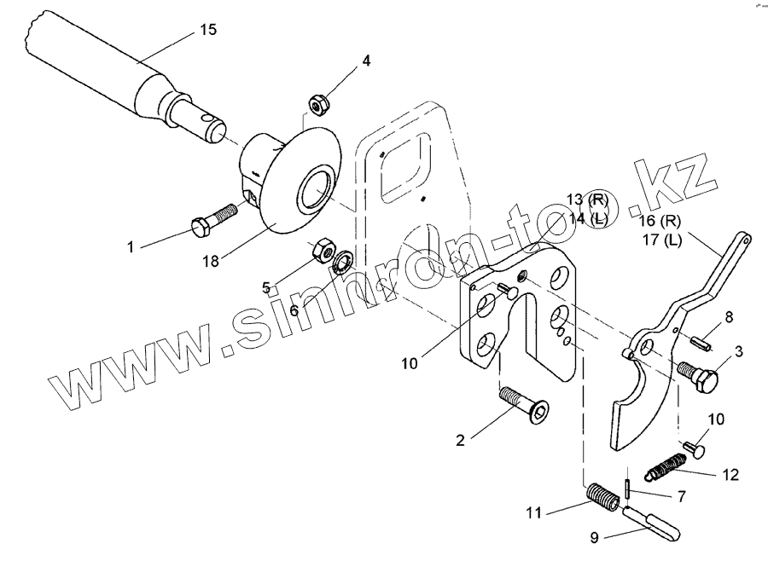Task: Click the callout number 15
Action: pos(207,30)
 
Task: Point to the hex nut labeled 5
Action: pos(323,250)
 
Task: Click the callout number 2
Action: pos(460,441)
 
